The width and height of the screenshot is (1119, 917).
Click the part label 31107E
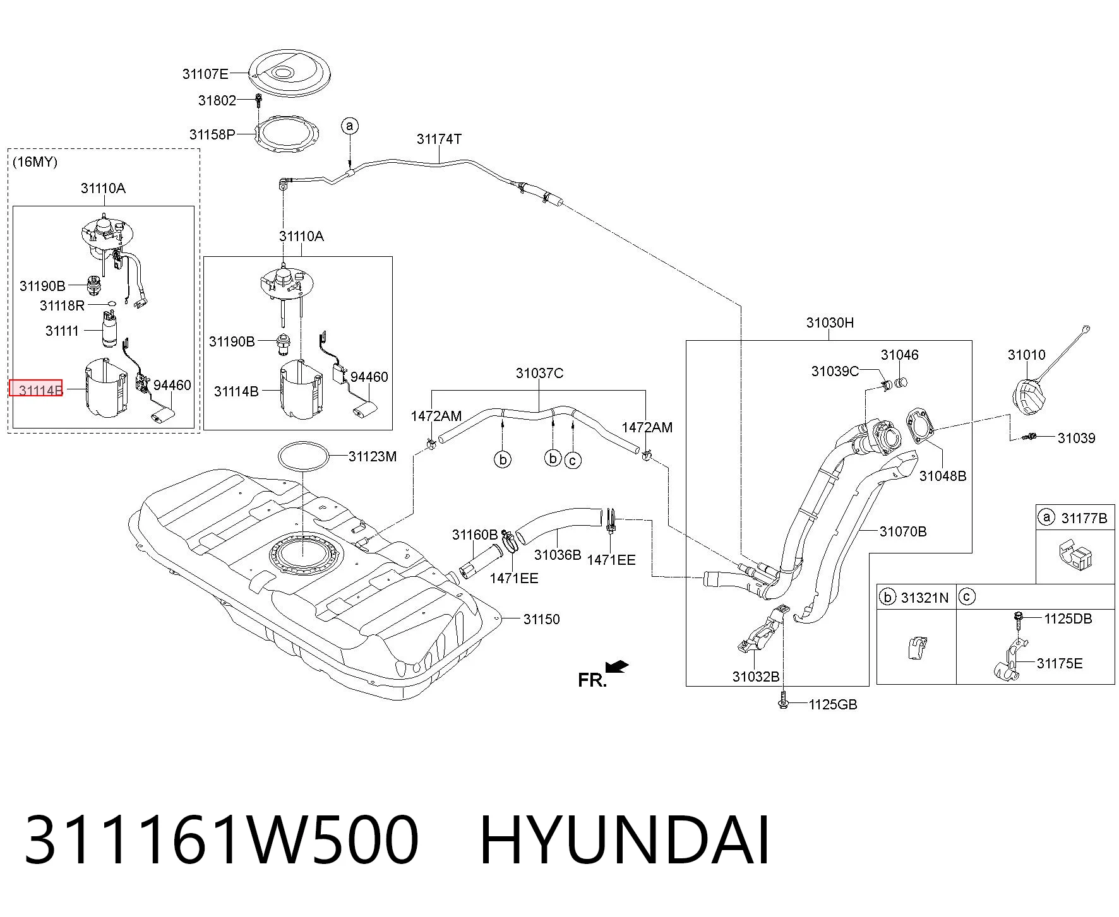point(205,74)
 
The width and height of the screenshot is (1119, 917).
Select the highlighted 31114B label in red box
point(35,388)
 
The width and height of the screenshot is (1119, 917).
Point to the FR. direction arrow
point(616,666)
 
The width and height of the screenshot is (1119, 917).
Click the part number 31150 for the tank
point(541,619)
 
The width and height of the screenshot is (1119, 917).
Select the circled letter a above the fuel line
point(350,126)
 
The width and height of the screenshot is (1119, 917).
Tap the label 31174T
point(439,139)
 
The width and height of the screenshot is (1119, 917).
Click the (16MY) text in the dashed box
point(35,162)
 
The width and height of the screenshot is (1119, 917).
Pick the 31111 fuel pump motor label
point(62,331)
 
